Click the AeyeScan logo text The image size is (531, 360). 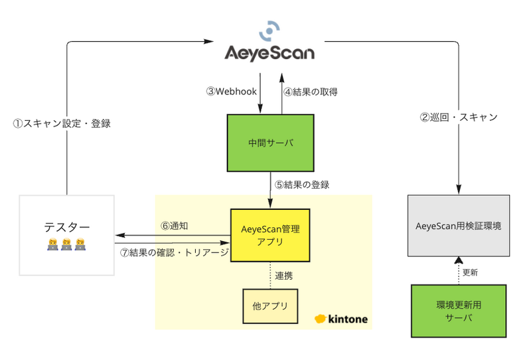click(269, 52)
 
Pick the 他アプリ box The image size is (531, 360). click(269, 306)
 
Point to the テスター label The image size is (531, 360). click(66, 227)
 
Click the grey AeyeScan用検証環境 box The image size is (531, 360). click(458, 226)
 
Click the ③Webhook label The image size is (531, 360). click(232, 92)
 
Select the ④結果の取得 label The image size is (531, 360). click(311, 92)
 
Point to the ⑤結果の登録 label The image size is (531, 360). click(303, 185)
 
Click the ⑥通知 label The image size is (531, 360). click(175, 226)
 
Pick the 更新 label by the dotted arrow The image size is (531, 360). click(471, 272)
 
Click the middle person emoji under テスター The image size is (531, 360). click(66, 244)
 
